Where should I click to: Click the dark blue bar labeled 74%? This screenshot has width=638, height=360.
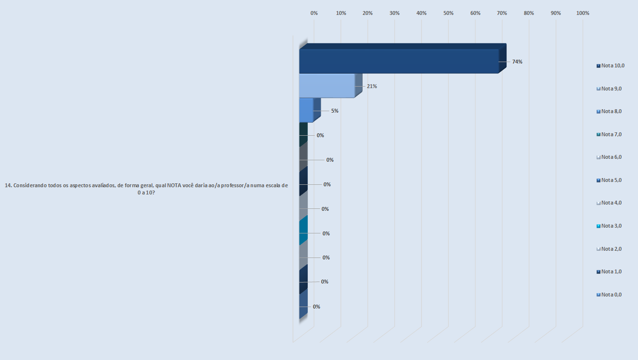(399, 61)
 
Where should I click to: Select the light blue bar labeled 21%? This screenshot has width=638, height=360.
(327, 86)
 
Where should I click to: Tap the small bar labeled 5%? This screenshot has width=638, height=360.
(306, 110)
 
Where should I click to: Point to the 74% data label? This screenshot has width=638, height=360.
(517, 62)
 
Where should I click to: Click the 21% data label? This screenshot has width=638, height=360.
(372, 86)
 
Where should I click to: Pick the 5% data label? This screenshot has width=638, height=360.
(335, 111)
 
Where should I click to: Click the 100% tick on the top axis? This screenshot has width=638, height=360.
(583, 13)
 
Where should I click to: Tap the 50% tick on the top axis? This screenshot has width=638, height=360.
(448, 13)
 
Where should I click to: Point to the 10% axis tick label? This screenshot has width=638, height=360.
(341, 13)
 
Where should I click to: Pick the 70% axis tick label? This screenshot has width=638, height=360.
(502, 13)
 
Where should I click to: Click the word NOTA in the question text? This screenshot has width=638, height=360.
(175, 185)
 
